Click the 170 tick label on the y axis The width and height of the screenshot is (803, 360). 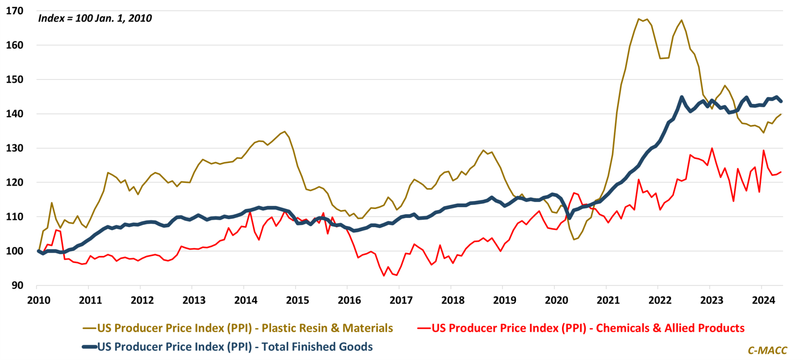click(14, 11)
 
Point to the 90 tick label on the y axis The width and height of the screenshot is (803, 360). click(17, 285)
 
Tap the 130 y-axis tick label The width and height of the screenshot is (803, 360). click(14, 148)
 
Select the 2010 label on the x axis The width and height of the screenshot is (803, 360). click(39, 300)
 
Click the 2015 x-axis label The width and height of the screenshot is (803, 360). click(298, 300)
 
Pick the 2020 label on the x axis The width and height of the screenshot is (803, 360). click(556, 300)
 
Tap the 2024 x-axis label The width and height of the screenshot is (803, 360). click(763, 300)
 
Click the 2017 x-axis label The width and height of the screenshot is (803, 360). click(401, 300)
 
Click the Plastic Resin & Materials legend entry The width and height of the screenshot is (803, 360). click(245, 328)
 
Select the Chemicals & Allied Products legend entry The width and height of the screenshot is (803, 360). click(588, 328)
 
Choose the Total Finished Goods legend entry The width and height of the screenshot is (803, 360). click(235, 347)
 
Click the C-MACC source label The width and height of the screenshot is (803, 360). click(767, 350)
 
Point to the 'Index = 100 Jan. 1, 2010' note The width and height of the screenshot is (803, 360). click(95, 18)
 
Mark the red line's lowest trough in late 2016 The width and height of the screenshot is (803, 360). click(384, 276)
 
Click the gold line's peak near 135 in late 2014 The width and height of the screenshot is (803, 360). click(285, 131)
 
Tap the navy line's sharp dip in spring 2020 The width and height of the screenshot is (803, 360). click(569, 218)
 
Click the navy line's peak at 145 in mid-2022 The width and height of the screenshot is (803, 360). click(682, 97)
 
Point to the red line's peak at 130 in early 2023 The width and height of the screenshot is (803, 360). click(712, 148)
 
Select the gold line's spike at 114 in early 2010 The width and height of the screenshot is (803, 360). click(52, 203)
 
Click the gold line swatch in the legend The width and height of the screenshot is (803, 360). click(90, 328)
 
